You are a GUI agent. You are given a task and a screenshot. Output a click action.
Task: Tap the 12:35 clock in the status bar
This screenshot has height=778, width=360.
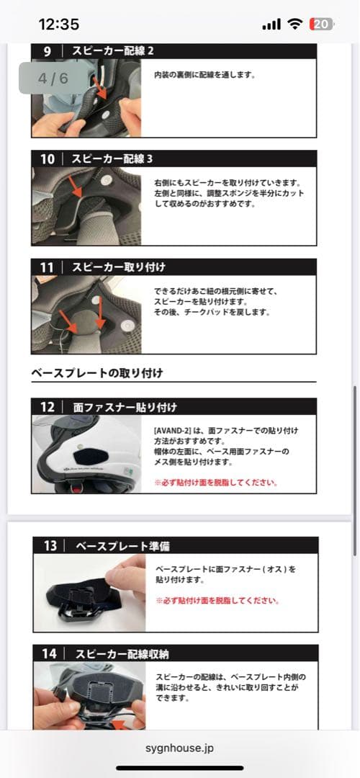(x=58, y=24)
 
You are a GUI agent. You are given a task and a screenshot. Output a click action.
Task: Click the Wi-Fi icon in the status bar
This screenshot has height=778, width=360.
(x=295, y=24)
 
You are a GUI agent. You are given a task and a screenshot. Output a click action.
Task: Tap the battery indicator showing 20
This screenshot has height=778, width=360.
(x=321, y=24)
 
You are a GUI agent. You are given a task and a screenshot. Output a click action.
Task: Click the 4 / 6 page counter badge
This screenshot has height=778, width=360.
(x=53, y=79)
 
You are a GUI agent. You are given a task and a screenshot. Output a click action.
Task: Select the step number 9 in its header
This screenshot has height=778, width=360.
(x=47, y=51)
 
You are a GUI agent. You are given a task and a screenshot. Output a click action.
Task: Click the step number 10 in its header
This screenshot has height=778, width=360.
(x=47, y=158)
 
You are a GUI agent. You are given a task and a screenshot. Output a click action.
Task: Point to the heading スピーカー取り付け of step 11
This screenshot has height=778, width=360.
(x=119, y=267)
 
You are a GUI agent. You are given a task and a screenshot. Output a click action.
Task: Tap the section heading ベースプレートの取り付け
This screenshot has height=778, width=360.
(x=96, y=372)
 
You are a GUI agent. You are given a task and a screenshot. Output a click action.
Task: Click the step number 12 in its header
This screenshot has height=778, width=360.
(x=47, y=407)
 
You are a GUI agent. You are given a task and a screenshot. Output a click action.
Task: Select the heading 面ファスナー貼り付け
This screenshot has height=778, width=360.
(x=125, y=407)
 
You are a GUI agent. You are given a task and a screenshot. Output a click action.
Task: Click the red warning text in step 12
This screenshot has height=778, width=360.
(x=216, y=482)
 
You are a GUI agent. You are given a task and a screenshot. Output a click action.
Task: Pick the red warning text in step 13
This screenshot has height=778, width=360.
(x=217, y=600)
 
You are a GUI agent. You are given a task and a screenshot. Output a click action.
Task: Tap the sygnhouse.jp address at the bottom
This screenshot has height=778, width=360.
(x=180, y=748)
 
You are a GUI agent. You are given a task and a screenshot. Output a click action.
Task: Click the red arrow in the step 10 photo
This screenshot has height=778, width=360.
(x=76, y=187)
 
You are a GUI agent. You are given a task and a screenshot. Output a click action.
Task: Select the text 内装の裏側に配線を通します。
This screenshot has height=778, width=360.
(x=204, y=75)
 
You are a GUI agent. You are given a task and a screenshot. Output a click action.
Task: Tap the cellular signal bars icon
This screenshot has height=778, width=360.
(x=271, y=24)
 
